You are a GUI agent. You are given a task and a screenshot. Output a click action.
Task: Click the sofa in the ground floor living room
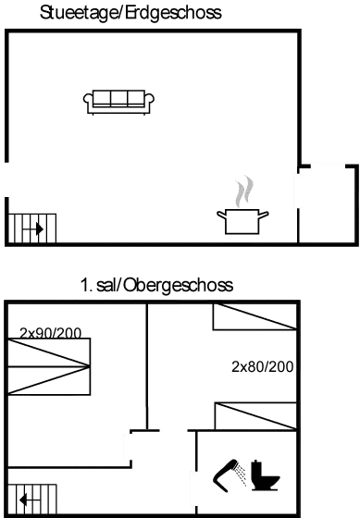[119, 101]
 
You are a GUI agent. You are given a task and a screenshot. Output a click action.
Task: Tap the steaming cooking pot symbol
[242, 220]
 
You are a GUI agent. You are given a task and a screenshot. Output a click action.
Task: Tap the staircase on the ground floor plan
[32, 227]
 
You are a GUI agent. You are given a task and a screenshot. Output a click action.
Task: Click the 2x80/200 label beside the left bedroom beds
[51, 330]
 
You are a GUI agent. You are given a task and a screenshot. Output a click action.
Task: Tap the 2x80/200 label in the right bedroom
[263, 367]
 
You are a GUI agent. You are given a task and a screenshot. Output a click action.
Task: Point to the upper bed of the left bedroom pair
[50, 351]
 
